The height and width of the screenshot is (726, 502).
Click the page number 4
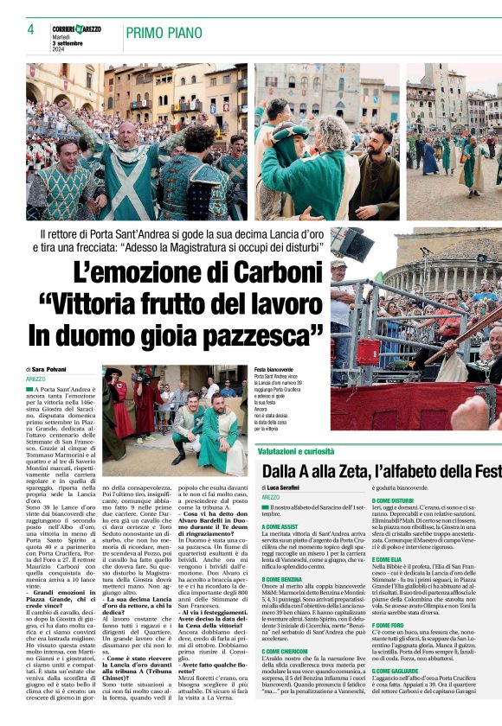(x=30, y=29)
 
